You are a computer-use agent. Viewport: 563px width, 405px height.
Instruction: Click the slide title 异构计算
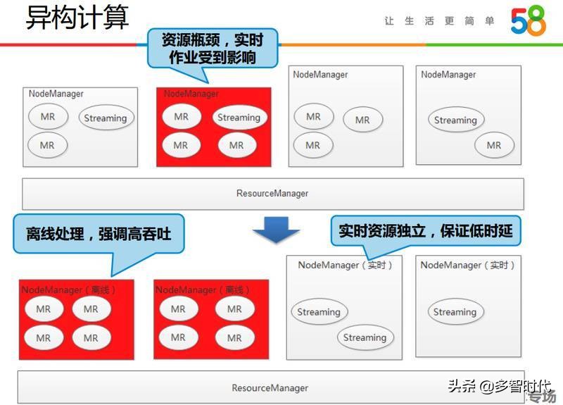(x=77, y=18)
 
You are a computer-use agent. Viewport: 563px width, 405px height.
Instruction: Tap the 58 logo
(x=528, y=22)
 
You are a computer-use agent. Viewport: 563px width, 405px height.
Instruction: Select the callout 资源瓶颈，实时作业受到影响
(x=212, y=48)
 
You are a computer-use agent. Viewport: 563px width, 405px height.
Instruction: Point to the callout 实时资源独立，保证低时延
(x=425, y=230)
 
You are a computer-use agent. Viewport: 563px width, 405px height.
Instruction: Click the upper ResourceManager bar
(x=272, y=194)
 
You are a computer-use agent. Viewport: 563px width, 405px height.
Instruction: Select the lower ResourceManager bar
(x=270, y=387)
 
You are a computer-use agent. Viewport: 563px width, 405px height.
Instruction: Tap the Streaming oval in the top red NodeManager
(x=239, y=118)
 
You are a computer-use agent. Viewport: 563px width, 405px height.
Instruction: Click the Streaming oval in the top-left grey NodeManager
(x=105, y=118)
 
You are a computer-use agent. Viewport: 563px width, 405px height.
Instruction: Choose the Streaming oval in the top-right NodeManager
(x=455, y=120)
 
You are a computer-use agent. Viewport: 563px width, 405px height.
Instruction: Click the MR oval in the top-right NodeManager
(x=494, y=145)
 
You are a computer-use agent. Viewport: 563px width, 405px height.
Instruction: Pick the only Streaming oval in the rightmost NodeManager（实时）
(x=455, y=312)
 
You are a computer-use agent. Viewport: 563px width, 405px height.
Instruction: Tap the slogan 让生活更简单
(x=439, y=21)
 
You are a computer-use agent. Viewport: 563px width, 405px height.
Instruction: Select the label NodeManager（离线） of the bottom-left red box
(x=68, y=289)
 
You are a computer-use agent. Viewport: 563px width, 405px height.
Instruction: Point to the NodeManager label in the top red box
(x=191, y=94)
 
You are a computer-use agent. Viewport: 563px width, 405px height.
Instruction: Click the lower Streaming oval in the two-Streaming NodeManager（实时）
(x=365, y=337)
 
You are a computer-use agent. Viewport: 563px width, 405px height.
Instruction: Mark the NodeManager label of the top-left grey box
(x=56, y=94)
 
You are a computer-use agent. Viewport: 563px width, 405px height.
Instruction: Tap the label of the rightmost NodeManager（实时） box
(x=468, y=265)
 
